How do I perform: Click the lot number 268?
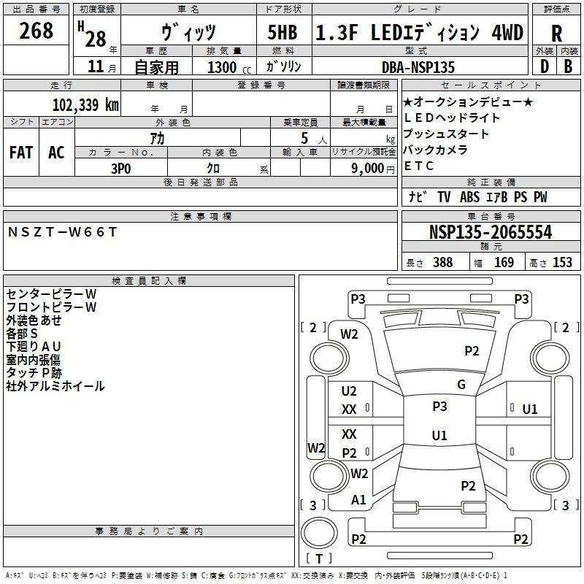tap(36, 31)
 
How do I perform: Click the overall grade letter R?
tap(556, 34)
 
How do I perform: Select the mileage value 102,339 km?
tap(85, 105)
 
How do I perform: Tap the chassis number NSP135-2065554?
tap(491, 231)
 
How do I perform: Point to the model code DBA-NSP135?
tap(418, 67)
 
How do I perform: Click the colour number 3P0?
tap(121, 169)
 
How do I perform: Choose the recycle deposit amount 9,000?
tap(368, 169)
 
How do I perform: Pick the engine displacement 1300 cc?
tap(229, 67)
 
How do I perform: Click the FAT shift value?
tap(21, 153)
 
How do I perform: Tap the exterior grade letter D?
tap(545, 66)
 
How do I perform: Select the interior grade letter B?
tap(568, 66)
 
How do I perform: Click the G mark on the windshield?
tap(461, 385)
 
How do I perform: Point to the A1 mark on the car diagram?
tap(358, 500)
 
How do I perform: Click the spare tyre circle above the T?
tap(319, 533)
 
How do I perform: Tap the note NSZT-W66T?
tap(62, 232)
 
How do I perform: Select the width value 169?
tap(504, 262)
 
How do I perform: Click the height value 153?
tap(562, 262)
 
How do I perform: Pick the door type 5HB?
tap(283, 32)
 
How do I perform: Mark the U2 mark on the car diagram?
tap(349, 391)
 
